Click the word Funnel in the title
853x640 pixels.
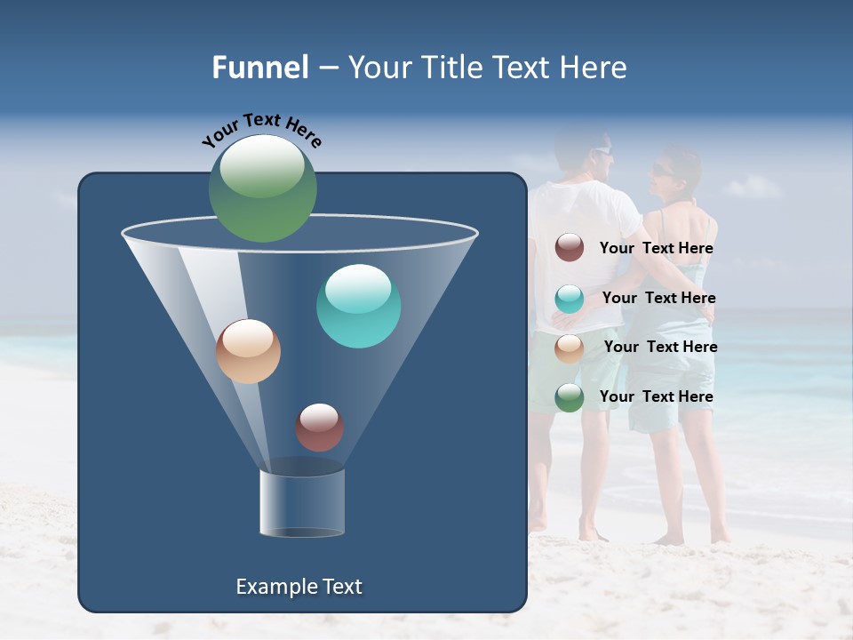260,68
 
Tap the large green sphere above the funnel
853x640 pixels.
263,188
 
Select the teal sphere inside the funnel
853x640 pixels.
358,306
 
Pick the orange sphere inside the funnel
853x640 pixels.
248,351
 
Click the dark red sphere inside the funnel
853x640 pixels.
319,427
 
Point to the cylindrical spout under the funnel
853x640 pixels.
302,502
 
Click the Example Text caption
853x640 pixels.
299,587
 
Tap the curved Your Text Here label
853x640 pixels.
262,130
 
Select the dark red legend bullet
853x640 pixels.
570,248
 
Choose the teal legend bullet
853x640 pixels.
570,299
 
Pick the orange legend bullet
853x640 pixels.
570,348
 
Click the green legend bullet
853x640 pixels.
570,397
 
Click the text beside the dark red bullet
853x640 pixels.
656,249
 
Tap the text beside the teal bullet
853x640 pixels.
658,299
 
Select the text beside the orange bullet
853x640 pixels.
660,348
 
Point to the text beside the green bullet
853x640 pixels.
656,396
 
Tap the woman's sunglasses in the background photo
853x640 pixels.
663,169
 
